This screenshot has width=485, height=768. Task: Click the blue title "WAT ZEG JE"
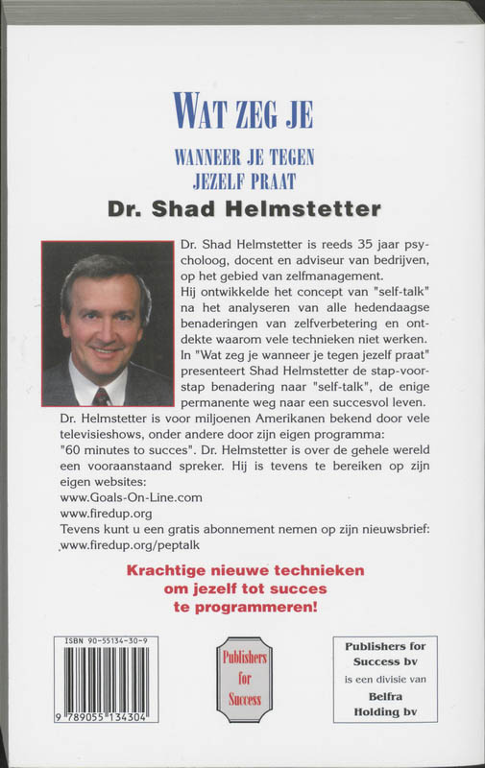[242, 110]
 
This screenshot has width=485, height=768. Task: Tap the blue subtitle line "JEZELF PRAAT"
[242, 180]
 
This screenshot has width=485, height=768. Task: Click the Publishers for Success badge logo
[243, 681]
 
